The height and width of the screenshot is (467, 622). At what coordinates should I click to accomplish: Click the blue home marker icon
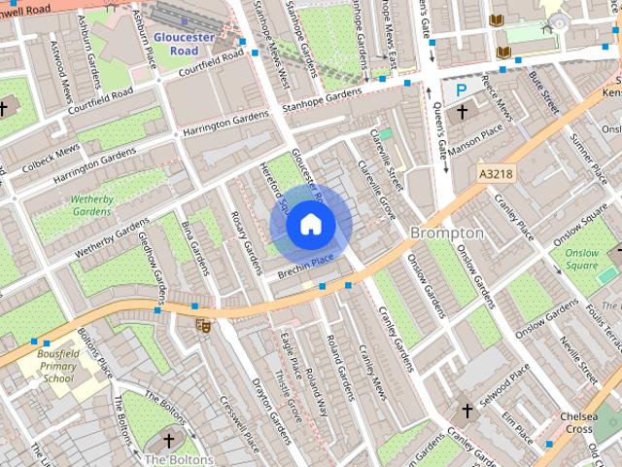coord(310,225)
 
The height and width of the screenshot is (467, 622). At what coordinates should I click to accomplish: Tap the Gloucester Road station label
coord(185,43)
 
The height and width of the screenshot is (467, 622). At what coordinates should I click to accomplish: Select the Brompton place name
coord(446,233)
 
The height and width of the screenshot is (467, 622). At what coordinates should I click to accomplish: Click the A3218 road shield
coord(496,173)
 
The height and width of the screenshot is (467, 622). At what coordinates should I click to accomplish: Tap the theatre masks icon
coord(203,326)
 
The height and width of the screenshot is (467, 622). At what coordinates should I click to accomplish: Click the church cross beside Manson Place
coord(462,114)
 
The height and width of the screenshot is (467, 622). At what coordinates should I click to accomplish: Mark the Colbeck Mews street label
coord(53,154)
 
